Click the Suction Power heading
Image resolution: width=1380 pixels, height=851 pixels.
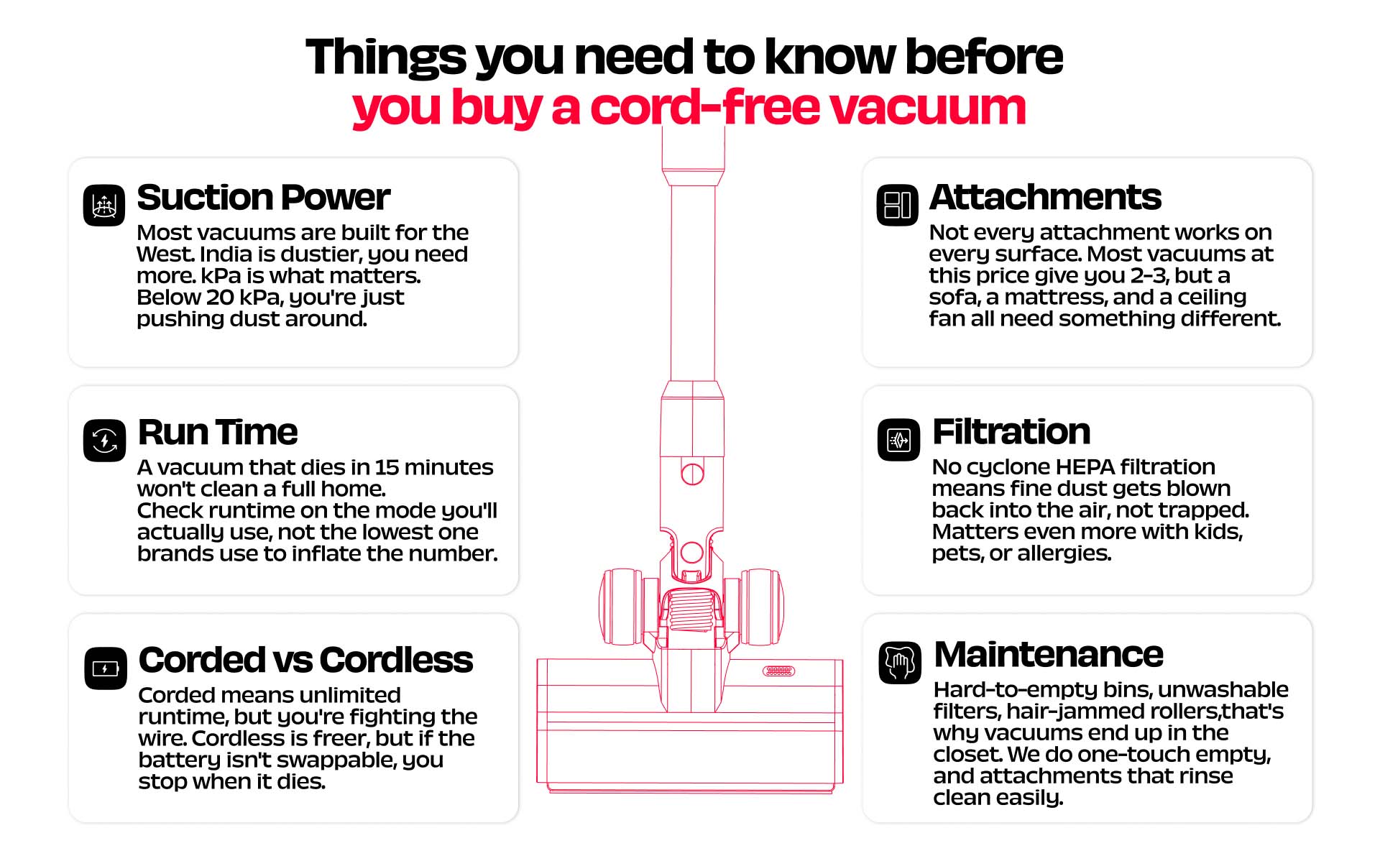pos(263,198)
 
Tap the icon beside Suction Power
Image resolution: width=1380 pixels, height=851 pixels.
pos(104,205)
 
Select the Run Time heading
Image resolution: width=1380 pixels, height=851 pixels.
pos(217,433)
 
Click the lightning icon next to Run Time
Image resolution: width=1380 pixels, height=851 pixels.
pos(105,440)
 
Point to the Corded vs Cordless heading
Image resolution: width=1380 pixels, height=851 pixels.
pos(305,660)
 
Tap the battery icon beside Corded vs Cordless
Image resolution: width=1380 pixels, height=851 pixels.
pos(106,668)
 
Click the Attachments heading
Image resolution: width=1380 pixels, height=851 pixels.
pos(1045,197)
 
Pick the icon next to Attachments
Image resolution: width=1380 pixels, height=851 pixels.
pos(898,205)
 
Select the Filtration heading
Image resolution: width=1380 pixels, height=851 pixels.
pos(1011,432)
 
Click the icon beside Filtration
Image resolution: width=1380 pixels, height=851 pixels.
pos(898,440)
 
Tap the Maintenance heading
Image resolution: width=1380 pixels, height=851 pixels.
pos(1049,655)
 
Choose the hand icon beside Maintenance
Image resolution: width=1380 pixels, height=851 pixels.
pos(900,663)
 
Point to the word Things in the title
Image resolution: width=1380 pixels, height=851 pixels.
pos(386,57)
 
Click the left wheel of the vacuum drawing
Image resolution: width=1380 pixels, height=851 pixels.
pos(621,607)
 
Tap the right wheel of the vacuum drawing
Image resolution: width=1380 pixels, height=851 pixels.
pos(762,607)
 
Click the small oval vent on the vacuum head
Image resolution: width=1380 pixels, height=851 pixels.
pos(778,671)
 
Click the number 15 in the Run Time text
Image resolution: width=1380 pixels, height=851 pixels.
pos(387,467)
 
